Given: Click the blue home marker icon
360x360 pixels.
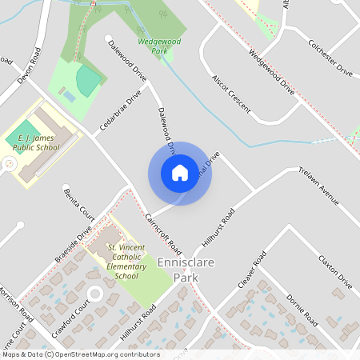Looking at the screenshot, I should [180, 173].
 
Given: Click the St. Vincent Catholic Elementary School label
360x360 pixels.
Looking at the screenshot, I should [126, 262].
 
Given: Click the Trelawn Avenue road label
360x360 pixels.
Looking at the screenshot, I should [319, 185].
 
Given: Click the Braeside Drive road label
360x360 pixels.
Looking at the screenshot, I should [74, 250].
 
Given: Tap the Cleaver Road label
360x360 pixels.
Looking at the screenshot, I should [251, 271].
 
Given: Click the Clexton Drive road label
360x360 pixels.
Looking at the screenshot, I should [334, 272].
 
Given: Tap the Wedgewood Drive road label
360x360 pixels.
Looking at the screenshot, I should [271, 73].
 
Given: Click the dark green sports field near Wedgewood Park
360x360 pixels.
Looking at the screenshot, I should [89, 78].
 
